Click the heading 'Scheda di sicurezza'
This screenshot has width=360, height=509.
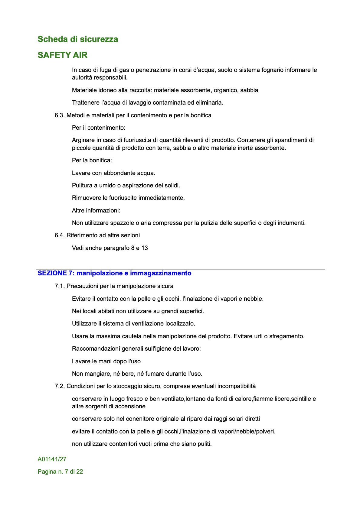click(78, 39)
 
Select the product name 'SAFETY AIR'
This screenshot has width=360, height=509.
click(62, 55)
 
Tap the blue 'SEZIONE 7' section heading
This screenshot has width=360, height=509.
click(114, 273)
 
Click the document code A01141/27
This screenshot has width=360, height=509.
click(52, 459)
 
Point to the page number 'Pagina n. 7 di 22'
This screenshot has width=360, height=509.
click(60, 472)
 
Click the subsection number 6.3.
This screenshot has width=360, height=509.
click(60, 115)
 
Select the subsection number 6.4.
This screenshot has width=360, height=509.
click(60, 235)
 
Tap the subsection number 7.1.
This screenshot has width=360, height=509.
click(60, 286)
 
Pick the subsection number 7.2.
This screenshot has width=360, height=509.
click(60, 386)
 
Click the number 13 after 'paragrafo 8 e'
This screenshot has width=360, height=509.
click(145, 248)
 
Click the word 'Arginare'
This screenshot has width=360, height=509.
click(82, 140)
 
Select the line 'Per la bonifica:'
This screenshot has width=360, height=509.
click(92, 160)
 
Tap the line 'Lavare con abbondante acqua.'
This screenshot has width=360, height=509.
click(113, 173)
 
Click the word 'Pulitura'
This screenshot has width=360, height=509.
click(82, 185)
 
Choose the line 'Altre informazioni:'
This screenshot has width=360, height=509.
click(96, 210)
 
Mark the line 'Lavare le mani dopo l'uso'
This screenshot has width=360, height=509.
click(106, 361)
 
